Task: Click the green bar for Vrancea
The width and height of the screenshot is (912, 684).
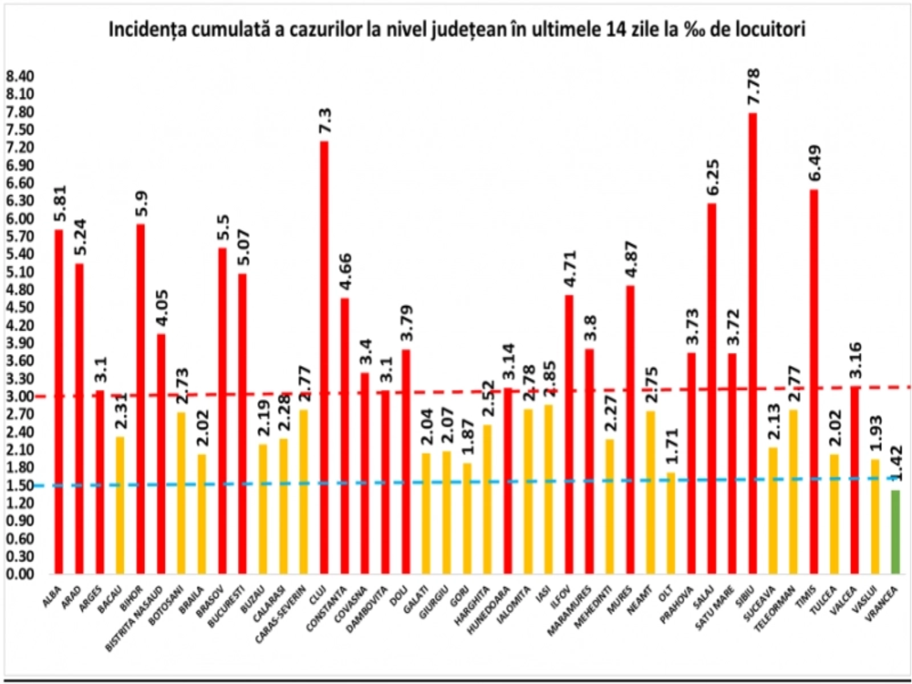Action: click(x=895, y=531)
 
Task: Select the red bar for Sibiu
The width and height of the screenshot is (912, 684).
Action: click(x=752, y=342)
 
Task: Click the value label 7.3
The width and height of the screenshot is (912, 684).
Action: click(x=325, y=120)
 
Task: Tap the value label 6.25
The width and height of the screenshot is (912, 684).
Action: click(x=712, y=177)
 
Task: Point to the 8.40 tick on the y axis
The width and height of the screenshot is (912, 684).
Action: click(x=20, y=76)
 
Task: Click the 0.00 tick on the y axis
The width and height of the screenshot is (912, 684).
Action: click(x=20, y=573)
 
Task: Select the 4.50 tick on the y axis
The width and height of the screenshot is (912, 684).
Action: click(x=20, y=307)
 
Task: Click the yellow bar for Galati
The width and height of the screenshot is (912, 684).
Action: click(x=426, y=512)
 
